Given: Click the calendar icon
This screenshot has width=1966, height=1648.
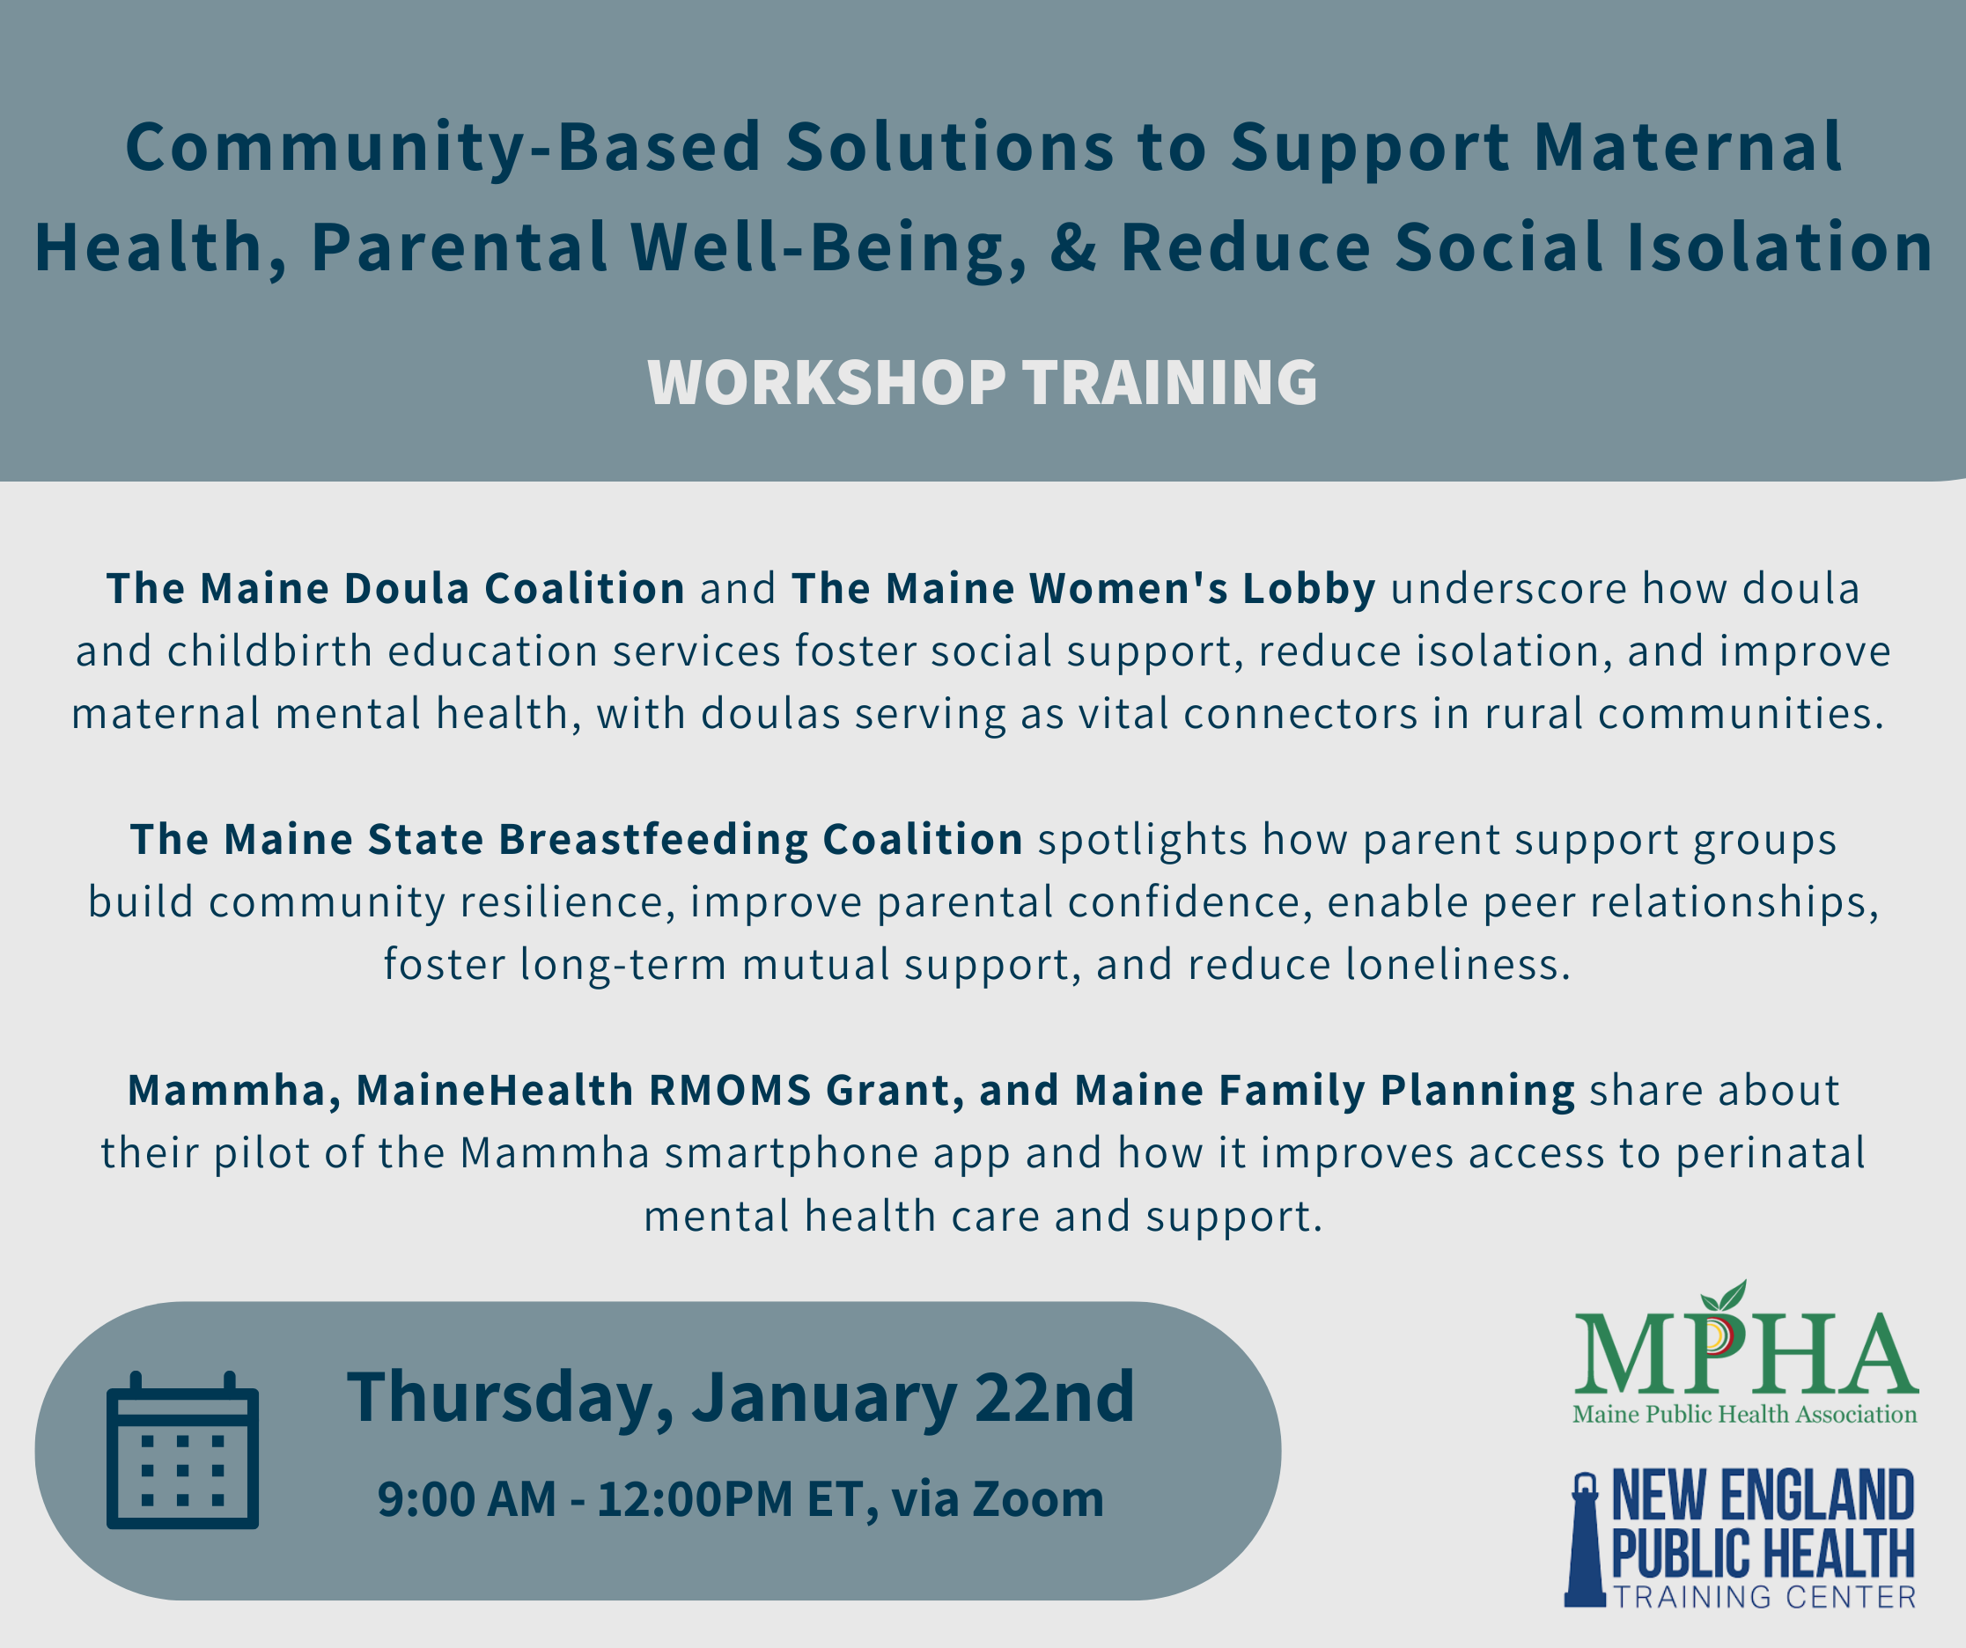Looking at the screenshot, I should (x=182, y=1451).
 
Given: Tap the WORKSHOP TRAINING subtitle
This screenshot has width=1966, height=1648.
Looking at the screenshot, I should (x=982, y=383).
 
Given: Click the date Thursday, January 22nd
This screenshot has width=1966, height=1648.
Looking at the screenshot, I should (x=740, y=1397).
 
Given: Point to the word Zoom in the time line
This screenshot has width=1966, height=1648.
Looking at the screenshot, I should (x=1038, y=1498).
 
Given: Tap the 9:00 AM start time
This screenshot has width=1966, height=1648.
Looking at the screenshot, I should (x=467, y=1498).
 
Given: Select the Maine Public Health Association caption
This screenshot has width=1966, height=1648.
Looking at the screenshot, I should (x=1745, y=1414).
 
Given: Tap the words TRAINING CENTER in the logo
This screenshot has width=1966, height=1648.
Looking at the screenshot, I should (x=1764, y=1598).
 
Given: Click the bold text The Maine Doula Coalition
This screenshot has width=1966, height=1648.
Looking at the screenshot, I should (x=396, y=589).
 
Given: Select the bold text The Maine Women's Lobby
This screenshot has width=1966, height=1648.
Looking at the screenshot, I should (x=1083, y=589).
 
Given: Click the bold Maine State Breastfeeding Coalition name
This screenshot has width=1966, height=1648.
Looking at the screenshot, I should (x=576, y=840).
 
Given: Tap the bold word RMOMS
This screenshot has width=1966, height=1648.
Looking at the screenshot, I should (x=730, y=1090).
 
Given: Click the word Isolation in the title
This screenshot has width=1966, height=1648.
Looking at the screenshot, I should (x=1778, y=248).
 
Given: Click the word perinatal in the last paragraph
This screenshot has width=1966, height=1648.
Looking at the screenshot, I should (x=1771, y=1153).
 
